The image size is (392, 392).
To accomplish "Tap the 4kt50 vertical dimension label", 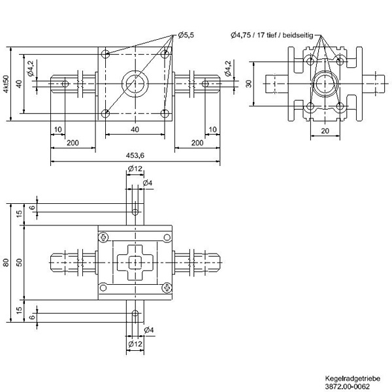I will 6,84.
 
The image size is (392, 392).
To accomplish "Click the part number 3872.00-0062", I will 352,386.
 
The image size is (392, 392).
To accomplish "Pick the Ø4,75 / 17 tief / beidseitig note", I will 282,35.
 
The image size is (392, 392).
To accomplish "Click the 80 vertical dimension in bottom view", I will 6,263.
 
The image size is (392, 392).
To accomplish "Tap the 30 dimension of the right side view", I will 248,84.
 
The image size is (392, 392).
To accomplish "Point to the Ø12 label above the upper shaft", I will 135,170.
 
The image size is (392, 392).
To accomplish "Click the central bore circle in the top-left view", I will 135,83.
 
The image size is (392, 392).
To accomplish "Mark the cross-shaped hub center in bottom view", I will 135,263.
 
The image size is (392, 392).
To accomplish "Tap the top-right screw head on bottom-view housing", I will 168,237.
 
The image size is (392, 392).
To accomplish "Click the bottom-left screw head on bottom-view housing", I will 102,288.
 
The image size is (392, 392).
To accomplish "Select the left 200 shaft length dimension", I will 73,142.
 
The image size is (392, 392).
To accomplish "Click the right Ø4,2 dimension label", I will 227,68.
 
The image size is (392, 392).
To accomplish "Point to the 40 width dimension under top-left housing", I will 135,129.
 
